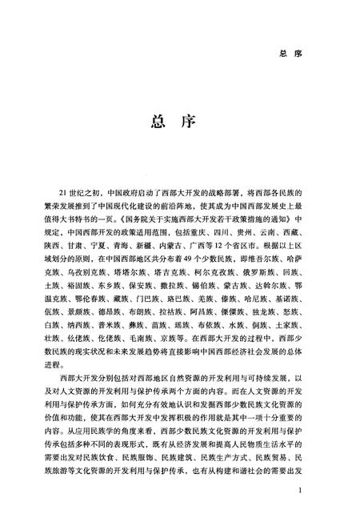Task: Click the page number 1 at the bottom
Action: [x=298, y=490]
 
